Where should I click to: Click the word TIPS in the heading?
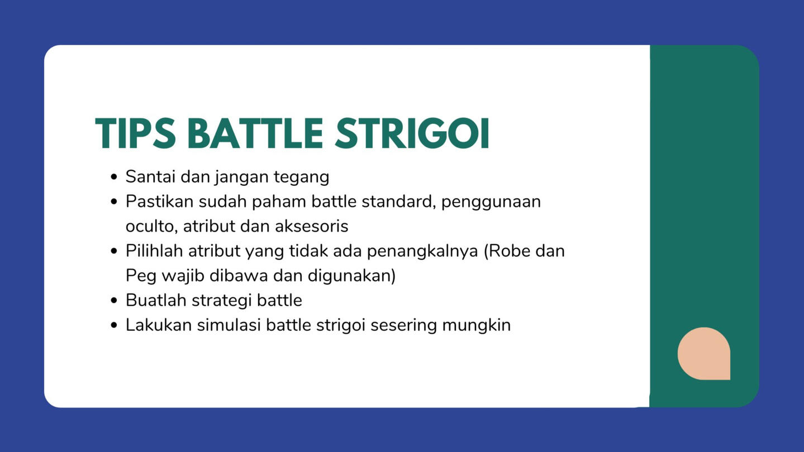click(x=135, y=133)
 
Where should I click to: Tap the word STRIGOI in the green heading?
click(x=412, y=133)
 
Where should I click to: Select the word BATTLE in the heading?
click(x=255, y=133)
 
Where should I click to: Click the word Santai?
click(x=150, y=177)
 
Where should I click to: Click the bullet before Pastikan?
click(x=114, y=201)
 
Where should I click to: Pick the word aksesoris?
click(x=312, y=227)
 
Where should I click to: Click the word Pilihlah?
click(x=154, y=251)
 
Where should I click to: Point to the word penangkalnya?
click(x=422, y=252)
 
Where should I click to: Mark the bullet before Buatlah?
click(x=114, y=300)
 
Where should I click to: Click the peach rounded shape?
click(x=704, y=353)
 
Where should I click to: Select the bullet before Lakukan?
click(x=114, y=325)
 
